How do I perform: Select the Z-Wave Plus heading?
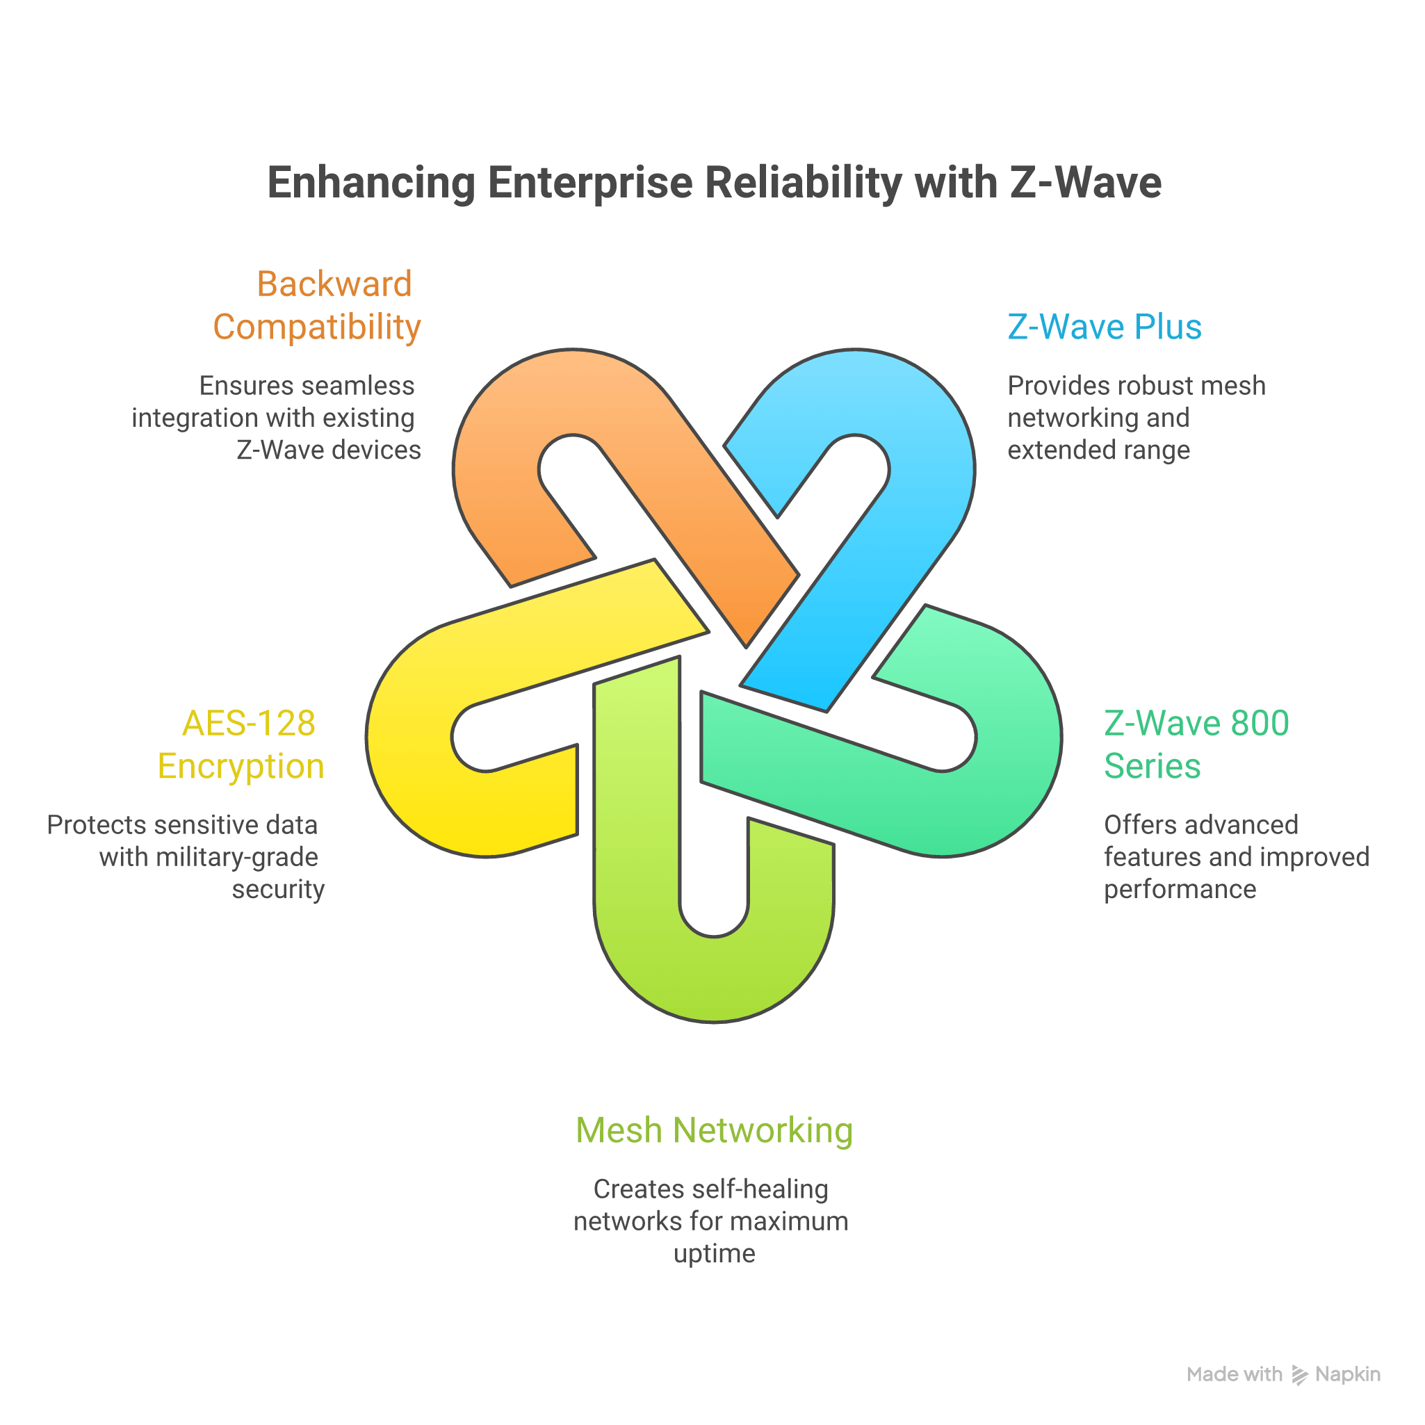[1104, 327]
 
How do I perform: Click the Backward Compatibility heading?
[317, 305]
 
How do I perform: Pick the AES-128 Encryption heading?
[242, 744]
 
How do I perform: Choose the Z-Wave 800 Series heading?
[1196, 744]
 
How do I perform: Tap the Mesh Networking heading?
[713, 1130]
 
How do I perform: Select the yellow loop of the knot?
[413, 738]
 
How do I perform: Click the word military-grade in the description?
[237, 857]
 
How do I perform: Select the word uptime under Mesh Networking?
[714, 1254]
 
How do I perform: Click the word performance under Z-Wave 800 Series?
[1180, 890]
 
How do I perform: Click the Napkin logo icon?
[1300, 1374]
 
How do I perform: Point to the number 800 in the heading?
[1259, 723]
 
